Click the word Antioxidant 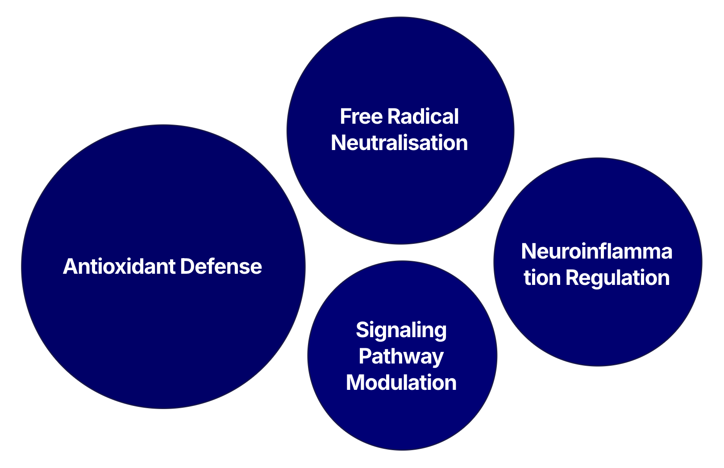119,267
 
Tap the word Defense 221,267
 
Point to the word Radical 423,117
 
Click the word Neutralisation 399,143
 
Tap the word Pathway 401,356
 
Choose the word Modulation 401,383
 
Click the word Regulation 617,278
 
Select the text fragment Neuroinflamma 596,251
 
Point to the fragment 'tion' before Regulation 542,278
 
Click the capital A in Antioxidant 70,267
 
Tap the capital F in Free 345,117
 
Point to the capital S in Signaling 362,330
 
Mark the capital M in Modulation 355,383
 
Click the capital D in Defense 187,267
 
